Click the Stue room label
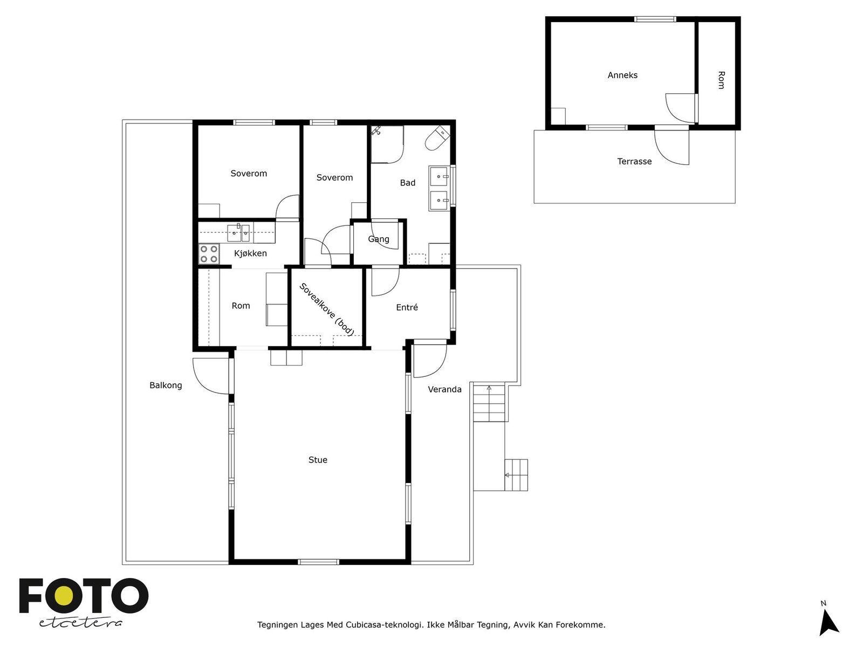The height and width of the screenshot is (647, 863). [318, 459]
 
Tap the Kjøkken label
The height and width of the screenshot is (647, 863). [250, 253]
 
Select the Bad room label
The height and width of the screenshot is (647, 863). [408, 183]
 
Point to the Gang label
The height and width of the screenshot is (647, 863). [379, 239]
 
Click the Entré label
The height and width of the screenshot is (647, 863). [407, 307]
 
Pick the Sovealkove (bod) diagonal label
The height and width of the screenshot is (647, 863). [327, 309]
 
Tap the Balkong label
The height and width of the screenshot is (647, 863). [166, 386]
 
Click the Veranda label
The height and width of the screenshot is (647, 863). [444, 389]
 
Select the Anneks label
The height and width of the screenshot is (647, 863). [622, 75]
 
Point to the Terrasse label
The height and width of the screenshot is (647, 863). [634, 161]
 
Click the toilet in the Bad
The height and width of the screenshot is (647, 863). [437, 138]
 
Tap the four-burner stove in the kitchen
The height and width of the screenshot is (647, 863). [209, 254]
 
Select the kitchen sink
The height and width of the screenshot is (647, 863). [238, 233]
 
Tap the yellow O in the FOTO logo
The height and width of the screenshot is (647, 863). [64, 596]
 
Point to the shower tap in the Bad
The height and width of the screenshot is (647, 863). [376, 130]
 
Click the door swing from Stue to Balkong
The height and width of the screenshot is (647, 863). [211, 376]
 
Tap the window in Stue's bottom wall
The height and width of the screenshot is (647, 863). [318, 562]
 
